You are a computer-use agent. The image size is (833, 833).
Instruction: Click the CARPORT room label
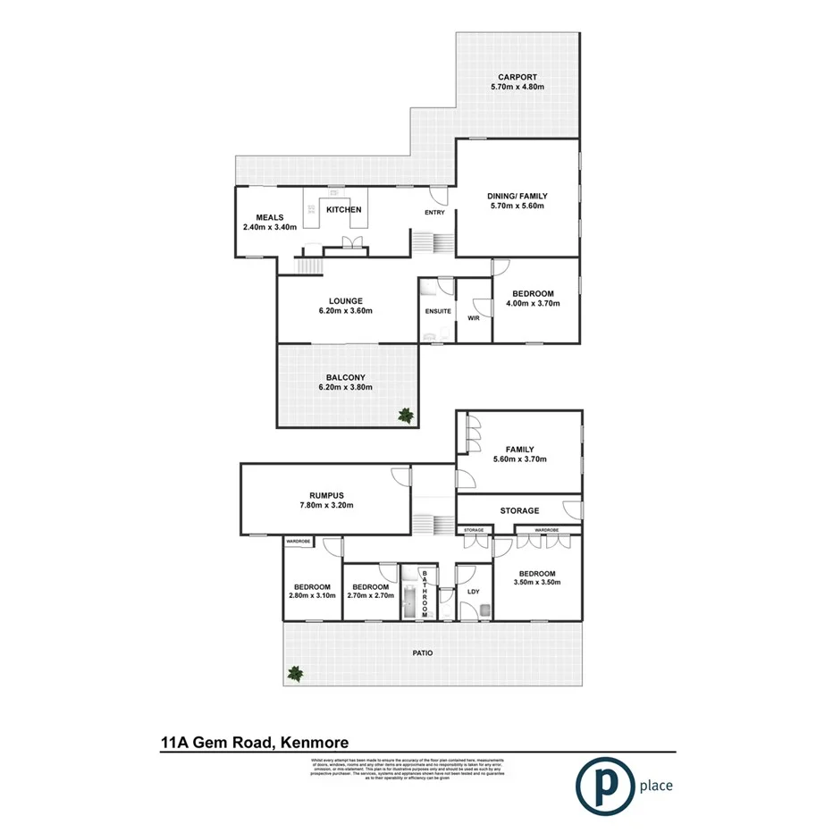click(x=517, y=76)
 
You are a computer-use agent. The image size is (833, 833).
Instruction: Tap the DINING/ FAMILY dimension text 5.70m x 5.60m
click(x=517, y=206)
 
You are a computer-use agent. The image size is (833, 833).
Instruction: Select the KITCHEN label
click(x=344, y=210)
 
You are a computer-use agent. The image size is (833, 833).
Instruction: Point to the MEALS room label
click(x=269, y=217)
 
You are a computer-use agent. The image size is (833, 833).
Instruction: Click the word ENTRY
click(x=434, y=213)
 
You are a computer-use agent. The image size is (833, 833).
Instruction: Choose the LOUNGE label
click(x=344, y=300)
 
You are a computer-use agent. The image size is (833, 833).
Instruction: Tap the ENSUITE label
click(x=437, y=311)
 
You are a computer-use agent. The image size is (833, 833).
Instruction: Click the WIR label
click(x=474, y=316)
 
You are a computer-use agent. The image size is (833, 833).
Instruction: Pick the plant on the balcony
click(x=406, y=414)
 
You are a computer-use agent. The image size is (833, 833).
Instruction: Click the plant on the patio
click(x=295, y=674)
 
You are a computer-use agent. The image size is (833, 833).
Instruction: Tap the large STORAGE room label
click(x=519, y=511)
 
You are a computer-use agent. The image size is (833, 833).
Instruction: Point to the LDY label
click(x=474, y=591)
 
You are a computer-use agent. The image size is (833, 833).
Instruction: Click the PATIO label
click(x=423, y=653)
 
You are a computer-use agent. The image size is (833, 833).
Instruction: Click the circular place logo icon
click(x=601, y=786)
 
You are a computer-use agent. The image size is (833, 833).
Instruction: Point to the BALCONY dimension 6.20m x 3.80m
click(x=344, y=387)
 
